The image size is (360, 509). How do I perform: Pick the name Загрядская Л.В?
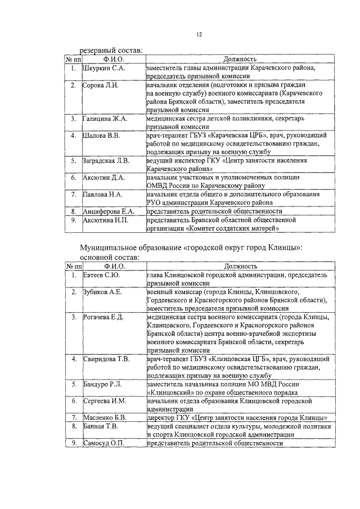pos(107,160)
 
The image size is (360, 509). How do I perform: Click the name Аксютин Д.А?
pos(104,177)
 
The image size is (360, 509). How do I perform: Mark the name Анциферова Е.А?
pos(109,211)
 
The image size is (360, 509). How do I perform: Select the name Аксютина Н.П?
pos(106,220)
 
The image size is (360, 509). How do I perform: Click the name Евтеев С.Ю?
pos(101,275)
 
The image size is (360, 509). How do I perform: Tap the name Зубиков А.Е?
pos(102,292)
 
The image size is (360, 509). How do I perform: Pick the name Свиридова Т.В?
pos(106,359)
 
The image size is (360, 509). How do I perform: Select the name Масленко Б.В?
pos(105,418)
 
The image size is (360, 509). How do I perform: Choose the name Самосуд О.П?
pos(104,443)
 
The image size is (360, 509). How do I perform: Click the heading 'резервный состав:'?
pos(110,51)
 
